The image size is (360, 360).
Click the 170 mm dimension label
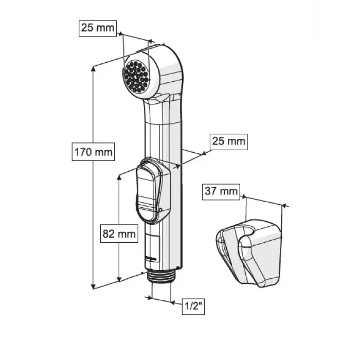pyautogui.click(x=93, y=152)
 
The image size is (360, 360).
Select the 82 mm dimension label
pyautogui.click(x=119, y=233)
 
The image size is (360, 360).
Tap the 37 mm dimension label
pyautogui.click(x=221, y=191)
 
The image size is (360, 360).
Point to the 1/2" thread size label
pyautogui.click(x=193, y=307)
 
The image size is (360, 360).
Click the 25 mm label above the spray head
pyautogui.click(x=98, y=28)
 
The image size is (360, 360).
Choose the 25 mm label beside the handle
pyautogui.click(x=229, y=141)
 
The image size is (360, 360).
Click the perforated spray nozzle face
pyautogui.click(x=136, y=77)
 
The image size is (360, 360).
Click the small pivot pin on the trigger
pyautogui.click(x=160, y=210)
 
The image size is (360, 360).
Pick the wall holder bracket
pyautogui.click(x=249, y=253)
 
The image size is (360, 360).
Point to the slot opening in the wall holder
pyautogui.click(x=250, y=231)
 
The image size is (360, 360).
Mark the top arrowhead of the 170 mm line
pyautogui.click(x=93, y=68)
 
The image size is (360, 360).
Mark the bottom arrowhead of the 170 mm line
pyautogui.click(x=93, y=286)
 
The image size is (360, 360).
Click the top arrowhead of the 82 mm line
pyautogui.click(x=119, y=178)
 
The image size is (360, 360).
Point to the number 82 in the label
pyautogui.click(x=109, y=234)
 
